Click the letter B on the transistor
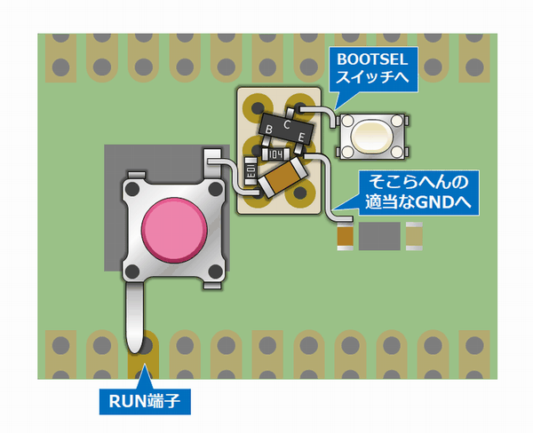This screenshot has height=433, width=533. (269, 130)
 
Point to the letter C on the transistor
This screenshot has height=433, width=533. (285, 125)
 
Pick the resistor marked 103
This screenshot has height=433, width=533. (251, 172)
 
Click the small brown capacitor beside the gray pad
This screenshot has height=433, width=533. (345, 237)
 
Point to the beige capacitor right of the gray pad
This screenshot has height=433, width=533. (414, 237)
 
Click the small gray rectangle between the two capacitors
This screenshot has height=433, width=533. (379, 237)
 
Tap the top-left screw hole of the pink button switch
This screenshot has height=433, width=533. (132, 189)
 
